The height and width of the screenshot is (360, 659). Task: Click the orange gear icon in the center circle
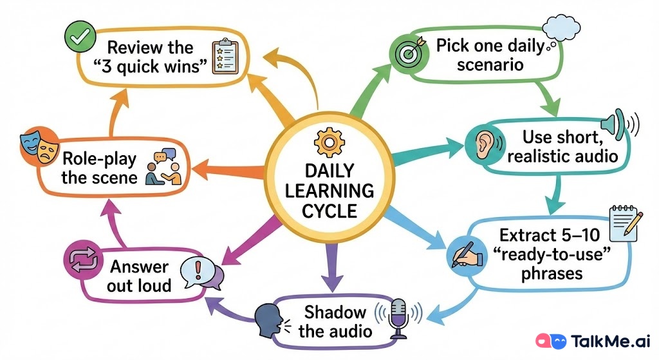329,140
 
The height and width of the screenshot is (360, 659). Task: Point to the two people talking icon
163,167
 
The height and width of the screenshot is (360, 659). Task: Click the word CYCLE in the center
329,210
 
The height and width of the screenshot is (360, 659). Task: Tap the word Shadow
335,312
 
